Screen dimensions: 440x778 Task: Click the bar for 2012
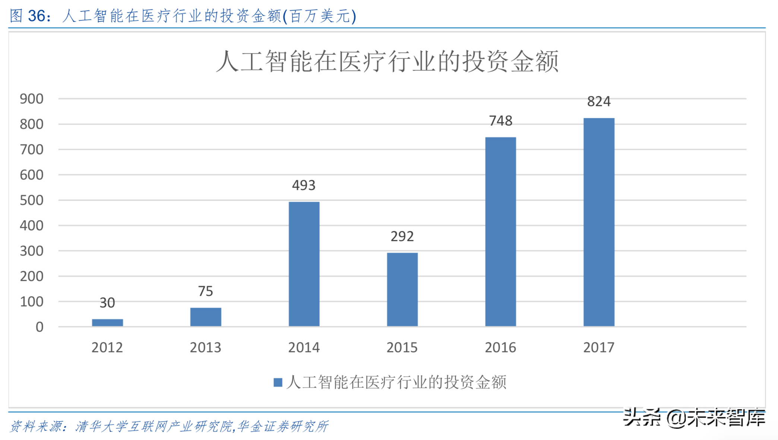pyautogui.click(x=107, y=323)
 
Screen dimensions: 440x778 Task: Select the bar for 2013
pyautogui.click(x=206, y=317)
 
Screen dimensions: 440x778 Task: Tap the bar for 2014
pyautogui.click(x=304, y=264)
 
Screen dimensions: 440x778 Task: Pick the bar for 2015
pyautogui.click(x=402, y=289)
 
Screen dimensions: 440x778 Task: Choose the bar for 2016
pyautogui.click(x=500, y=232)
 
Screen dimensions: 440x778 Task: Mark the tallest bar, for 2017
pyautogui.click(x=599, y=222)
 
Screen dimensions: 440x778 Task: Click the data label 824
pyautogui.click(x=599, y=101)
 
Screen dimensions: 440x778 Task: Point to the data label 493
pyautogui.click(x=304, y=185)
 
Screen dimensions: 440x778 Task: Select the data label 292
pyautogui.click(x=402, y=236)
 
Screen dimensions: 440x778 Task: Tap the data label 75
pyautogui.click(x=205, y=291)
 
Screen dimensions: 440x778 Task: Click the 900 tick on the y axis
pyautogui.click(x=32, y=99)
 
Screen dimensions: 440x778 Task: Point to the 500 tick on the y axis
pyautogui.click(x=32, y=200)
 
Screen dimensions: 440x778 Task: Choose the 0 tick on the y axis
pyautogui.click(x=39, y=327)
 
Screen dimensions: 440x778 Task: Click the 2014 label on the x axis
pyautogui.click(x=304, y=348)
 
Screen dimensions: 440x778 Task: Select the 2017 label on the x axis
pyautogui.click(x=599, y=348)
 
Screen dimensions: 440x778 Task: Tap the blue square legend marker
pyautogui.click(x=278, y=383)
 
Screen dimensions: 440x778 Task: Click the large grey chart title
pyautogui.click(x=387, y=61)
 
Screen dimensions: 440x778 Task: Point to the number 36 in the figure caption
pyautogui.click(x=37, y=16)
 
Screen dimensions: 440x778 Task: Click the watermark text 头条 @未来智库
pyautogui.click(x=694, y=418)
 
